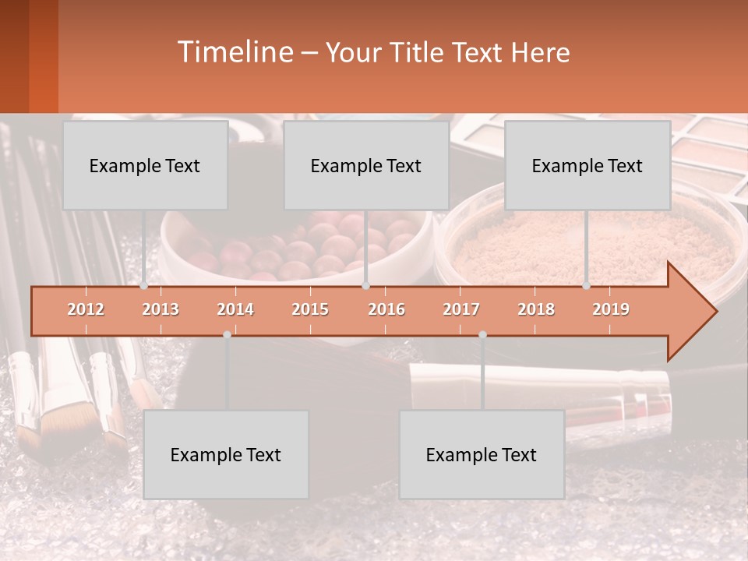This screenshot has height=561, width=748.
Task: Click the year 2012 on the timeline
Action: click(86, 309)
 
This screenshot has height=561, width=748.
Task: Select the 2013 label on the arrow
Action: click(161, 309)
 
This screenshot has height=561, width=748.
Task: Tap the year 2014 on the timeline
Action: click(235, 309)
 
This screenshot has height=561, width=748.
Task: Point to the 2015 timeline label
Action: click(310, 309)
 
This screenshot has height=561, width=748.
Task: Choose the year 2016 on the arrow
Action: click(386, 309)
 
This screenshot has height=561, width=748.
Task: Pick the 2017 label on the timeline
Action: click(461, 309)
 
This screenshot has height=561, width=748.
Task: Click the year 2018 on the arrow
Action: click(536, 309)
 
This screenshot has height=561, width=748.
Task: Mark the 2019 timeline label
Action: click(611, 309)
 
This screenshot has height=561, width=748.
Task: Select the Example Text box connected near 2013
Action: click(145, 165)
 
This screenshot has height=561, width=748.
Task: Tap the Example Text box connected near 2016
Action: click(366, 165)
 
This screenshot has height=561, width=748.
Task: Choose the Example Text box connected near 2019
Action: click(587, 165)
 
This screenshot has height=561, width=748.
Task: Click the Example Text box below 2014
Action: click(226, 454)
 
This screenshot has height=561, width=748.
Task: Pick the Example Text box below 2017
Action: click(482, 454)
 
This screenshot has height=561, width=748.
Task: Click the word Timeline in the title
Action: click(234, 51)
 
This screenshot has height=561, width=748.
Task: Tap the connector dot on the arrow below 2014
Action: click(227, 334)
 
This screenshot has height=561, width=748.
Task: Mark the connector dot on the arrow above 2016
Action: click(365, 286)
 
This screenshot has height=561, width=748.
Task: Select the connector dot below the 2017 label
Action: click(482, 334)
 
